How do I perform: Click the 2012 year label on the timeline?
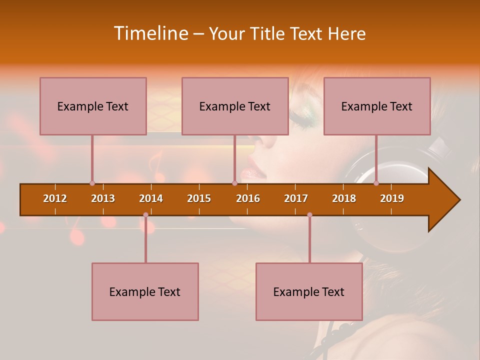point(55,198)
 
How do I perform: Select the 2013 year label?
point(103,198)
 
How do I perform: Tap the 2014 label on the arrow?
point(151,198)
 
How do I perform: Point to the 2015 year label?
point(199,198)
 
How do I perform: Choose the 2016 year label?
point(248,198)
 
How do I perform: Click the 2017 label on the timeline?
point(296,198)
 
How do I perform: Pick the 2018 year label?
point(344,198)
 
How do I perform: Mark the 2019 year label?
point(392,198)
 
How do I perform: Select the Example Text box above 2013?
point(93,106)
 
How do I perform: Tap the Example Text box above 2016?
point(235,106)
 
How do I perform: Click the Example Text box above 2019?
point(377,106)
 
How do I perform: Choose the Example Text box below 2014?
point(145,291)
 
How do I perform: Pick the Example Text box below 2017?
point(309,291)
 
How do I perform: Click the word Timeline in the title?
point(150,33)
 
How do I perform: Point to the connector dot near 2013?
point(92,183)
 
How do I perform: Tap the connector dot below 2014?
point(145,214)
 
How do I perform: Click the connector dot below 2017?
point(309,214)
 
